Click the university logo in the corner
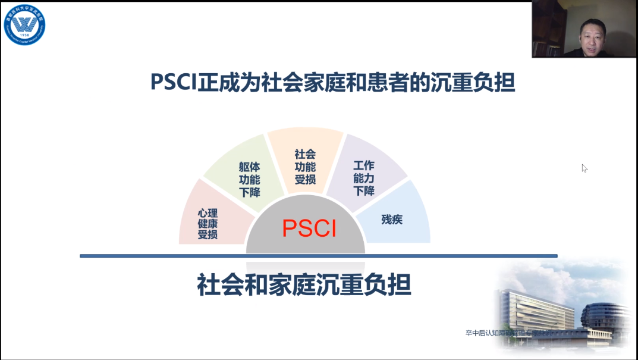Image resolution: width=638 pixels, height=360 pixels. (24, 24)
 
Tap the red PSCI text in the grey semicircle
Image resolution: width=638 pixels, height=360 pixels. (309, 228)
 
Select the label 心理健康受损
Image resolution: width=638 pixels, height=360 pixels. (208, 224)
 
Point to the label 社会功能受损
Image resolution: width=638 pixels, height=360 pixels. (305, 167)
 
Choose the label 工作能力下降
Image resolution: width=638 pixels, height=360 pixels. (364, 178)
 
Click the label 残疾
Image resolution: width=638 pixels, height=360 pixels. (392, 219)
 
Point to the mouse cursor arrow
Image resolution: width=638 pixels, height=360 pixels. (584, 168)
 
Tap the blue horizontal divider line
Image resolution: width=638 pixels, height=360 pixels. (318, 256)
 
